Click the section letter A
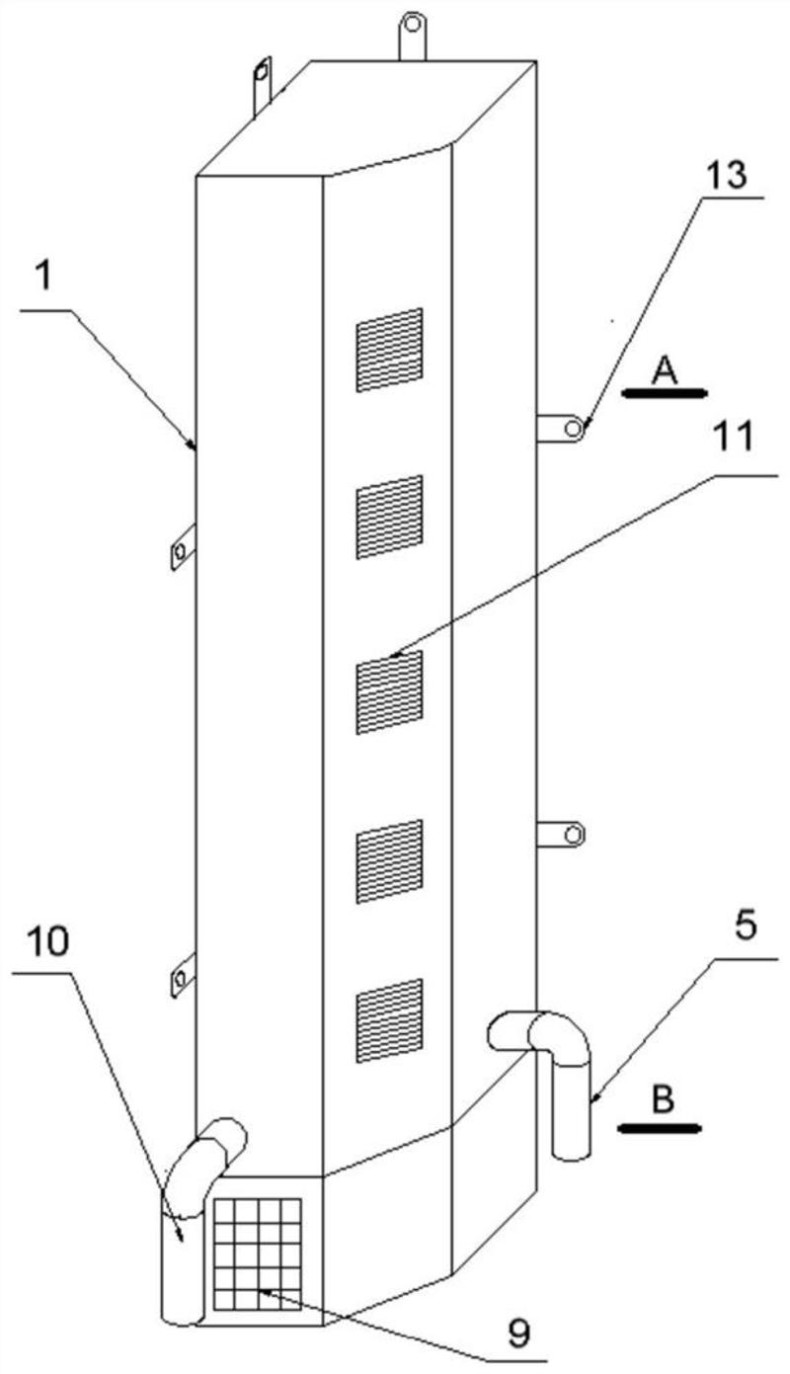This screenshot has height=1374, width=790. (x=665, y=370)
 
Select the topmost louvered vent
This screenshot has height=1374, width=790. (x=389, y=349)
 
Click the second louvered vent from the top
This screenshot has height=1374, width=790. (x=389, y=516)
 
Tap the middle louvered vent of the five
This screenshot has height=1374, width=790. (x=389, y=690)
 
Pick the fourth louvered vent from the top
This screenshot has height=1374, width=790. (x=389, y=860)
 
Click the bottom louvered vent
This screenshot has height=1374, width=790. (x=389, y=1020)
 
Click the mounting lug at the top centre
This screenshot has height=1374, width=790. (x=413, y=33)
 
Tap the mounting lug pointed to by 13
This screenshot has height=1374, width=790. (x=563, y=428)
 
